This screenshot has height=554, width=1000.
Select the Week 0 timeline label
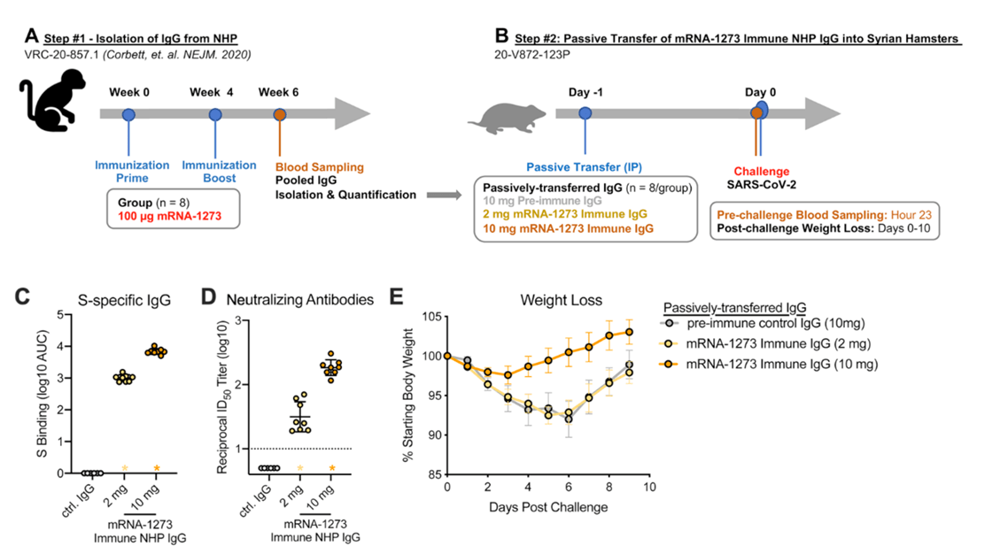coord(128,92)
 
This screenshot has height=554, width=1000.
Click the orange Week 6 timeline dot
coord(280,114)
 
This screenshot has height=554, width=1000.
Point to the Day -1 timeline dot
coord(585,113)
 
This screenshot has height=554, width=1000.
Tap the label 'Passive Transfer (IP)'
coord(585,165)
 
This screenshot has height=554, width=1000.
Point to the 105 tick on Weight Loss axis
coord(431,317)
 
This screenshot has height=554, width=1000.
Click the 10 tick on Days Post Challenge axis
coord(649,489)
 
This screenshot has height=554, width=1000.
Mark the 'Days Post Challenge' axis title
coord(549,507)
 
